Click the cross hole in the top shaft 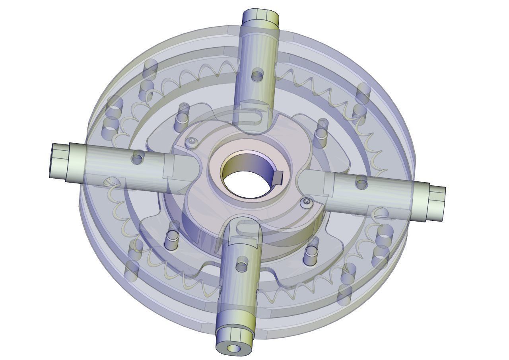[x=258, y=74]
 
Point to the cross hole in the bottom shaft [x=242, y=266]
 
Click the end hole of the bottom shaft [x=234, y=348]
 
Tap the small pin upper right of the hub [x=321, y=128]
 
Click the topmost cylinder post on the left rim [x=150, y=70]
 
